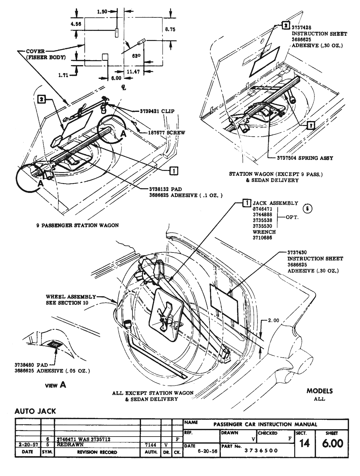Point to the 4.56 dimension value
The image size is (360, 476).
76,24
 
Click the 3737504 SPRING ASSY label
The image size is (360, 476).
300,158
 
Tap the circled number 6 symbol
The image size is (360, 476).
307,208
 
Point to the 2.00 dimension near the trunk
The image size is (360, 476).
274,320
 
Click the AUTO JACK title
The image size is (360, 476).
35,411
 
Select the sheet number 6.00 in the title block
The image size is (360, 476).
332,443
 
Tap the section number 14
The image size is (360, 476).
304,443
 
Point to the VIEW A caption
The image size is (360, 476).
55,385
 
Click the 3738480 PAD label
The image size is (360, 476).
31,365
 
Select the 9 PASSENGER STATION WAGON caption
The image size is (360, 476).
76,225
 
